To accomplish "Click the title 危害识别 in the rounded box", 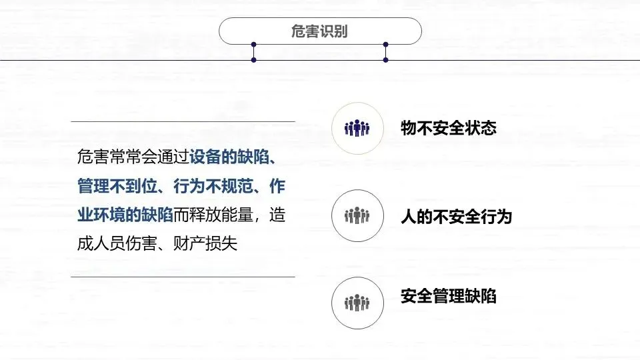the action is coord(320,31).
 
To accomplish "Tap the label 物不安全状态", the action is coord(449,128).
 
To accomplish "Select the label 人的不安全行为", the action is coord(456,216).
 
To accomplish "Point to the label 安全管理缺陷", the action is coord(449,296).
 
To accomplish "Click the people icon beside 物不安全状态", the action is coord(357,128).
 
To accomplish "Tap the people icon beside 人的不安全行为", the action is coord(357,216).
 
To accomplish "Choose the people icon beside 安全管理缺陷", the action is coord(357,303).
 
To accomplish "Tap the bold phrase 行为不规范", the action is coord(212,187).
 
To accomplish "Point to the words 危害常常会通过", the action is coord(133,158).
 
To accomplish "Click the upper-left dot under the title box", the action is coord(254,45).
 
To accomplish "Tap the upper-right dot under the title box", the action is coord(385,45).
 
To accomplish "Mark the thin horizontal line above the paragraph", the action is coord(183,121).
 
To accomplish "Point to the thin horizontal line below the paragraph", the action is coord(183,276).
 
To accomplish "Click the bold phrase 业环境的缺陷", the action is coord(125,215).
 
